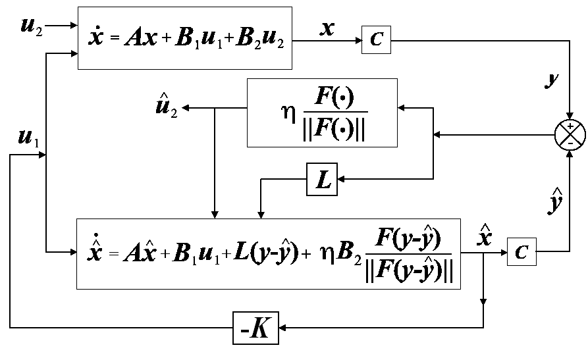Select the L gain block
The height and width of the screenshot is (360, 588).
(323, 180)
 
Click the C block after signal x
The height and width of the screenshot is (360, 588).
(376, 39)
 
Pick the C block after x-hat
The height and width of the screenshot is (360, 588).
(521, 252)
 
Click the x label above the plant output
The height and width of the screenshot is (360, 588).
(327, 28)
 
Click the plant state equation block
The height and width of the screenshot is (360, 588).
(185, 38)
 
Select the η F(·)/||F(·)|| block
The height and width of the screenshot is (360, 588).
(322, 113)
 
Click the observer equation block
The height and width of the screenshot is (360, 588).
(269, 253)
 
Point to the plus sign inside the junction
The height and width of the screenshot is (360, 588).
(570, 127)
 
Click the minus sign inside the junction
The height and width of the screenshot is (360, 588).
(570, 141)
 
